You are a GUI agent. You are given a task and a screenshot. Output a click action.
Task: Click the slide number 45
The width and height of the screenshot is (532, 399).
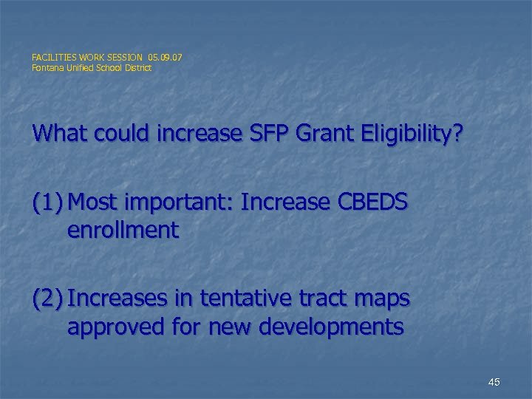(494, 382)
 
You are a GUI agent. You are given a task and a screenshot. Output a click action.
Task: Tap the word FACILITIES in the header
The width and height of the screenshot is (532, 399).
(55, 56)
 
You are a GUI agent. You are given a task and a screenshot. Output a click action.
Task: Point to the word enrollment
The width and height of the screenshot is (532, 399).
(123, 231)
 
